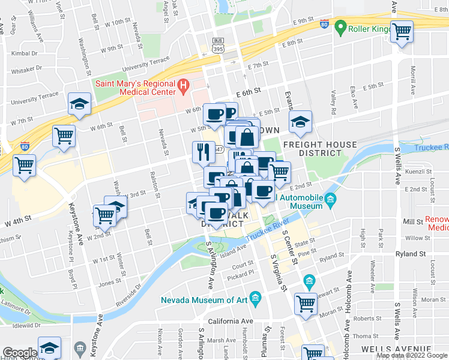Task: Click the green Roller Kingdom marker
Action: (x=341, y=27)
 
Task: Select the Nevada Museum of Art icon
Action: (x=255, y=298)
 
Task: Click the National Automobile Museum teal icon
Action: (x=330, y=200)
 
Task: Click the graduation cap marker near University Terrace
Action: (x=79, y=103)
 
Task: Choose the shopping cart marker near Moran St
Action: (x=306, y=303)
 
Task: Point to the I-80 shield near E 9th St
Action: (x=324, y=25)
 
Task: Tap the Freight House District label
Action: (x=320, y=149)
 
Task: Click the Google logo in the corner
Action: (x=20, y=353)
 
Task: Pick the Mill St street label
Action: (x=412, y=221)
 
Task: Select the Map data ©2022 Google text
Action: (x=412, y=355)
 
